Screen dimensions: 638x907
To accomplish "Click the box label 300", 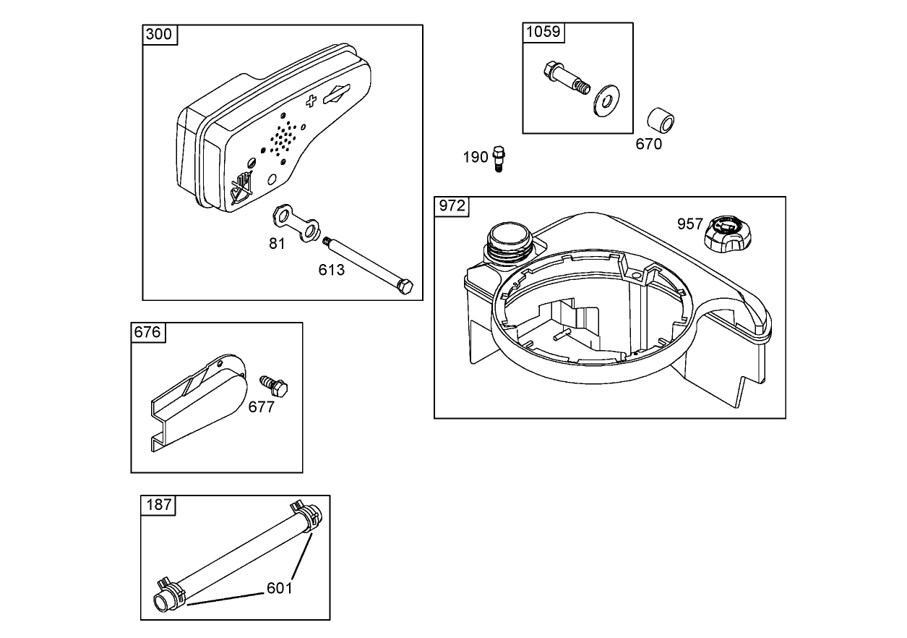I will click(x=159, y=35).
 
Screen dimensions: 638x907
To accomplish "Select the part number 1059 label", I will click(x=542, y=32).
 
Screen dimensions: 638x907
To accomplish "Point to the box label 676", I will click(x=147, y=332).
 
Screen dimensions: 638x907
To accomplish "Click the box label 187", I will click(x=158, y=504).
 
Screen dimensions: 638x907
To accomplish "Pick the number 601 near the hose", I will click(x=279, y=588).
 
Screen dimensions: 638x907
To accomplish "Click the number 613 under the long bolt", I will click(x=332, y=270).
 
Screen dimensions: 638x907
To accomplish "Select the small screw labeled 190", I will click(x=498, y=158).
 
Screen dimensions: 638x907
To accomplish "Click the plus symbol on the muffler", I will click(x=311, y=101).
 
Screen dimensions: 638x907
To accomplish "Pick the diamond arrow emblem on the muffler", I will click(x=338, y=94).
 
